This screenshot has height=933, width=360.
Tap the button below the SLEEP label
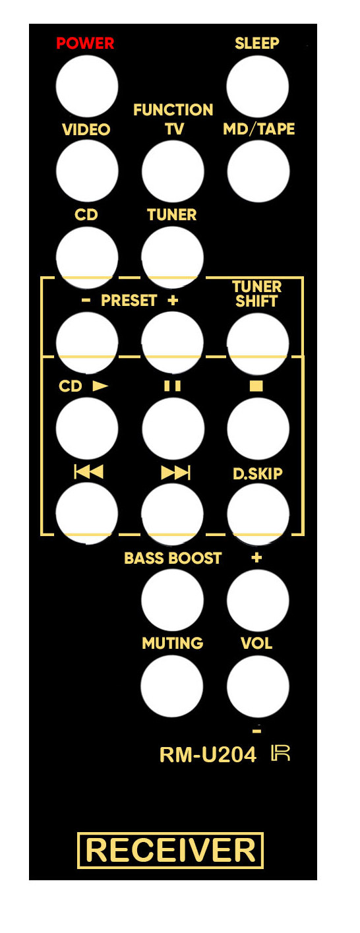click(258, 86)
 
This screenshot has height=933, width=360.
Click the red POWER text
click(85, 44)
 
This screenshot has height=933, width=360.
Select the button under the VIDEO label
click(87, 171)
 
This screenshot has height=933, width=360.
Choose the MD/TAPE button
click(258, 171)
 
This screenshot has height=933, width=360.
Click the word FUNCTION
click(173, 110)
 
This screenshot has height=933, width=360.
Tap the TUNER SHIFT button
click(258, 344)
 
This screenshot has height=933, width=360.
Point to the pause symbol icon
click(173, 386)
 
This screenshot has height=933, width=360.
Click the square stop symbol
click(256, 386)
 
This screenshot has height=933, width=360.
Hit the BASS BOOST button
click(172, 600)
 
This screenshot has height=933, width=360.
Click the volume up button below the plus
click(258, 600)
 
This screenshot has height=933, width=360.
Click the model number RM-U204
click(208, 755)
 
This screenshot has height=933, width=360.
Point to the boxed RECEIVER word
click(170, 850)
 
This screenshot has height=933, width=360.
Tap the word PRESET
click(129, 300)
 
